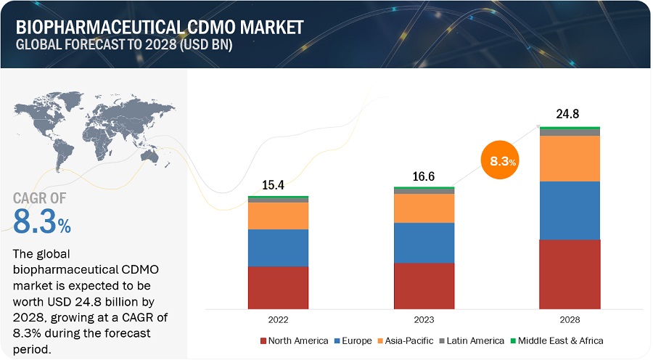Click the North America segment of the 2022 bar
point(278,287)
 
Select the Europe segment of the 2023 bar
point(424,242)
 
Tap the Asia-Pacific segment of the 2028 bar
point(570,158)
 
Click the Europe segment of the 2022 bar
point(278,247)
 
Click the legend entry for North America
point(294,340)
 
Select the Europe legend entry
point(353,340)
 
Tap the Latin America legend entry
point(472,340)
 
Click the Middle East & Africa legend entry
point(557,340)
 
